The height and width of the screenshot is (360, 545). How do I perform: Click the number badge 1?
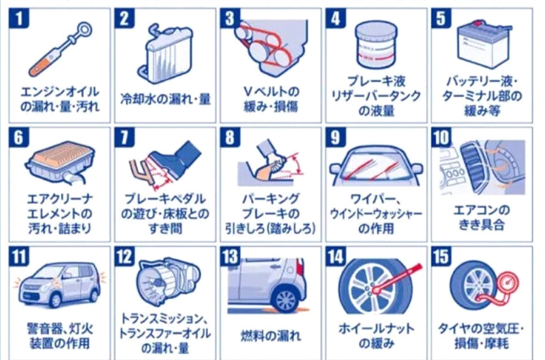(x=19, y=18)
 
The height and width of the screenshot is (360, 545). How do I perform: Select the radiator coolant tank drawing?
(x=165, y=54)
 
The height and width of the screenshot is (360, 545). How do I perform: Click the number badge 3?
(x=230, y=18)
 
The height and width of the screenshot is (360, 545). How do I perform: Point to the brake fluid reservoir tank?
(x=376, y=45)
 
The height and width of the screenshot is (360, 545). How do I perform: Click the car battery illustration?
(x=484, y=43)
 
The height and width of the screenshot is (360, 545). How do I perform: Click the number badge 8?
(x=230, y=137)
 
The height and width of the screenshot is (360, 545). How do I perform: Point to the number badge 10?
(x=441, y=137)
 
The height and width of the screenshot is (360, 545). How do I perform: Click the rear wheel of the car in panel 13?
(x=286, y=299)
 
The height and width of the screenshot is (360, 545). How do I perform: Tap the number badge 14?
(x=335, y=256)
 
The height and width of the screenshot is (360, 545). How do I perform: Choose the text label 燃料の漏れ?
(x=270, y=335)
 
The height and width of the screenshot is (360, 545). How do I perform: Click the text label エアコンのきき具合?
(x=482, y=217)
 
